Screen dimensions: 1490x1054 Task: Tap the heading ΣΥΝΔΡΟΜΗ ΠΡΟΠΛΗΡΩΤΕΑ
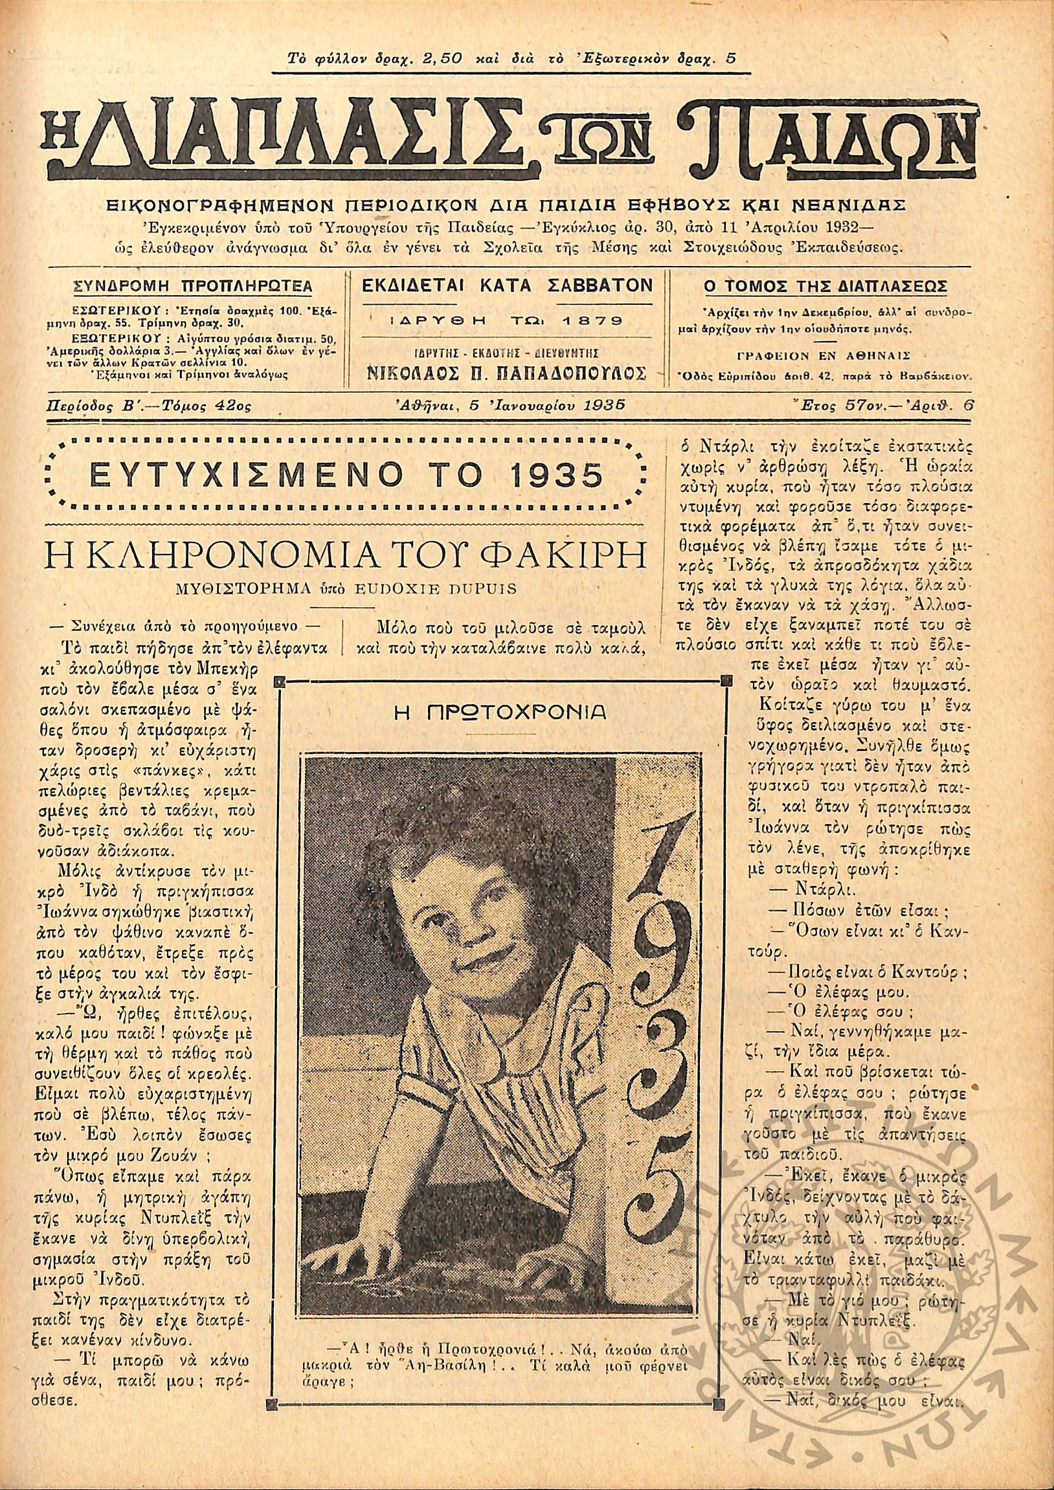(193, 287)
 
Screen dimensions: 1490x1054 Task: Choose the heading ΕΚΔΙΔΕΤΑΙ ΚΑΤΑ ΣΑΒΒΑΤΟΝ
(506, 285)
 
